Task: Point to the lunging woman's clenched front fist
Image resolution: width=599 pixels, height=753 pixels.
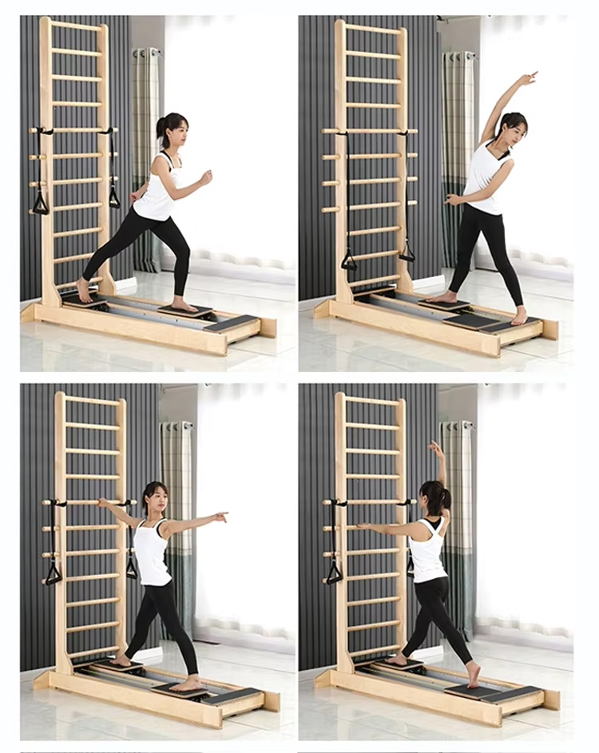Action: tap(207, 177)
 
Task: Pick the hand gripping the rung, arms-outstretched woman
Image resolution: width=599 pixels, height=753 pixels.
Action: tap(101, 503)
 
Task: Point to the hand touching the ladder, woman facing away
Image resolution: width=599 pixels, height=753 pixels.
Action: tap(361, 526)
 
